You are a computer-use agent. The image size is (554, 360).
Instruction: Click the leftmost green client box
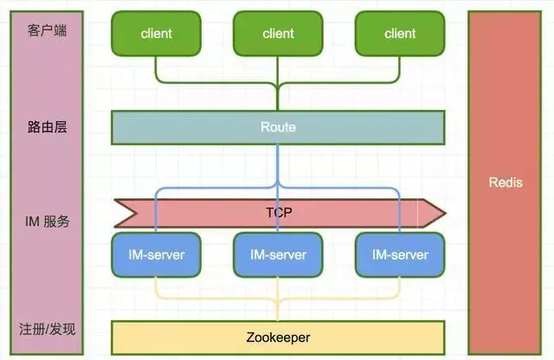coord(156,34)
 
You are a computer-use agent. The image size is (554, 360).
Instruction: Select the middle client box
coord(278,34)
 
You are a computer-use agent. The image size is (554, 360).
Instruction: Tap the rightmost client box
coord(400,34)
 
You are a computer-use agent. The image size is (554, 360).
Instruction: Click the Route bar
coord(278,127)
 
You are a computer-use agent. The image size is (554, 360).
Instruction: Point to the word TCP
coord(279,213)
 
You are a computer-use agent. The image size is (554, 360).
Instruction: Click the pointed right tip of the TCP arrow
coord(445,214)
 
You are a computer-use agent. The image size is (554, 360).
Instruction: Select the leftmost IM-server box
coord(156,254)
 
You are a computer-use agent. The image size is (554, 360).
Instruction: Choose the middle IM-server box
coord(278,254)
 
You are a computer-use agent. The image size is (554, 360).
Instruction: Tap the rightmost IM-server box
coord(400,254)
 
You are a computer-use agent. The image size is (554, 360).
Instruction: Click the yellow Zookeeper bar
coord(278,337)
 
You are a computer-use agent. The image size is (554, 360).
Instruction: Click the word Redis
coord(506,183)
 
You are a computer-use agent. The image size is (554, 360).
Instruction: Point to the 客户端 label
coord(47,30)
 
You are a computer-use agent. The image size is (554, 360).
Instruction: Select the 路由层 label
coord(47,127)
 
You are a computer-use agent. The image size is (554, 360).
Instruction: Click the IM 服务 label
coord(47,222)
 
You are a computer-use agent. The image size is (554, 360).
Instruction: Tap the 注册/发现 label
coord(47,329)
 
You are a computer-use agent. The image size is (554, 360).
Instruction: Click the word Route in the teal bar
coord(278,127)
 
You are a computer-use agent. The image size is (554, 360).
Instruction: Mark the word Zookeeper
coord(278,337)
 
